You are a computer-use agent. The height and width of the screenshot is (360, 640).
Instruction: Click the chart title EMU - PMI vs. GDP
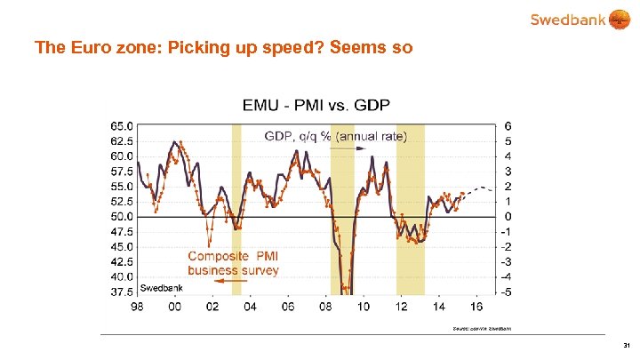(316, 106)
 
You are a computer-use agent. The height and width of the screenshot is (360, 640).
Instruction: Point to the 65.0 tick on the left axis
(123, 125)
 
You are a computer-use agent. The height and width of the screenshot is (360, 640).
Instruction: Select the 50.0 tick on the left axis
(123, 216)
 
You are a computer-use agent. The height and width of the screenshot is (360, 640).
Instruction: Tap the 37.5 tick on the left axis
(123, 292)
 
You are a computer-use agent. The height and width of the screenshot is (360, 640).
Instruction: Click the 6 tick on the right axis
(508, 125)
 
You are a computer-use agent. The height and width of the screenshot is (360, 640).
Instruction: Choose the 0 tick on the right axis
(508, 216)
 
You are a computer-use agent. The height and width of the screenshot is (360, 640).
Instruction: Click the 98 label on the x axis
(136, 308)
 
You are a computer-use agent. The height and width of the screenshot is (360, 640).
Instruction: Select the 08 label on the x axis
(326, 308)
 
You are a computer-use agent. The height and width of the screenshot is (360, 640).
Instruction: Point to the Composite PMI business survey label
(233, 263)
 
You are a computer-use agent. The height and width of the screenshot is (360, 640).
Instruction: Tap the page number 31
(626, 345)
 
